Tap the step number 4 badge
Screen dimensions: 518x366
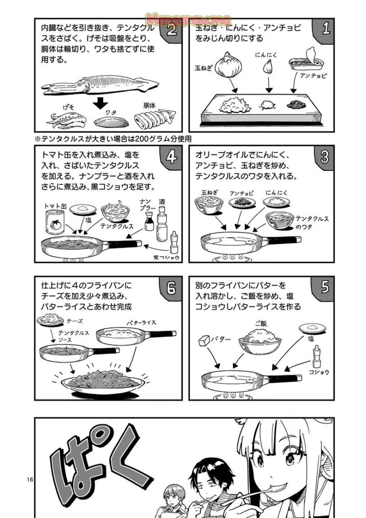tap(171, 157)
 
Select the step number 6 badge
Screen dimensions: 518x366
tap(171, 288)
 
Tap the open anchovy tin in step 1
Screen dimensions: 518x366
tap(305, 61)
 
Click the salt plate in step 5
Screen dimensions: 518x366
tap(312, 328)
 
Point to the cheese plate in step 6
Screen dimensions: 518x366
tap(50, 321)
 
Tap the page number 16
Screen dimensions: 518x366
tap(30, 479)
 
